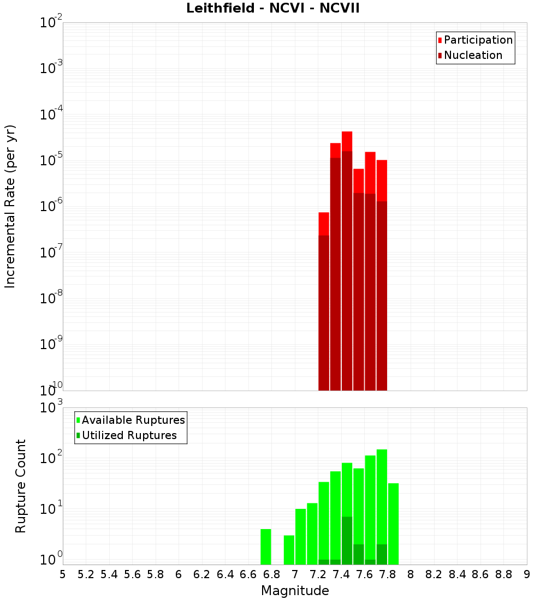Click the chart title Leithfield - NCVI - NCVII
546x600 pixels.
[272, 9]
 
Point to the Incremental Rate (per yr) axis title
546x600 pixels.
[10, 206]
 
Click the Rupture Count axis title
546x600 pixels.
[21, 486]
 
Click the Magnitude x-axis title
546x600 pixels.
[295, 591]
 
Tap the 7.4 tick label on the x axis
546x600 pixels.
[341, 574]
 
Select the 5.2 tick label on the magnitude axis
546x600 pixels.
[86, 574]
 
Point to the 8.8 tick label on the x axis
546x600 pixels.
[503, 574]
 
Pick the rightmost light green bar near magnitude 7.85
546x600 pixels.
[393, 524]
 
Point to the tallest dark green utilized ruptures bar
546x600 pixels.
[347, 540]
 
